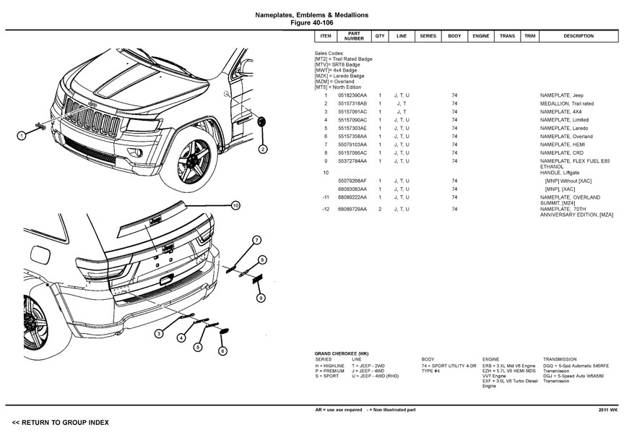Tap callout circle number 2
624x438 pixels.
(263, 150)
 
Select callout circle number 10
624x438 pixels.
(235, 205)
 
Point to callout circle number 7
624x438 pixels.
(256, 240)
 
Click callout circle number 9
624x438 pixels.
(261, 298)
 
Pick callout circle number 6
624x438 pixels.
(222, 351)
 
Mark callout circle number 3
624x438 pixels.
(158, 333)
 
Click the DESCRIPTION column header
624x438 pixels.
(578, 36)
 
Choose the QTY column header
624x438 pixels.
(379, 36)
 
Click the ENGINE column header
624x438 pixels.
(481, 36)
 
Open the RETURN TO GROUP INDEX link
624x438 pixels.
(60, 421)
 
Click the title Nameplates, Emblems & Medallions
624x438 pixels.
(311, 14)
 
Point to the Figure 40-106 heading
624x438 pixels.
(311, 22)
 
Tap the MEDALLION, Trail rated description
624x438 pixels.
(567, 103)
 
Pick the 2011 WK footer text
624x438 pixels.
(607, 410)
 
